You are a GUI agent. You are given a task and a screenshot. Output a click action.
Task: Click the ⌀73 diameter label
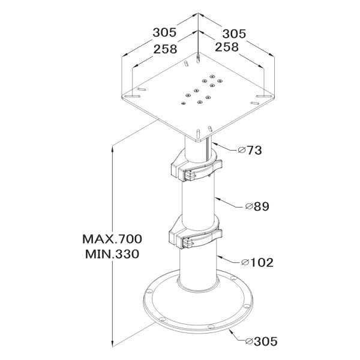pyautogui.click(x=250, y=151)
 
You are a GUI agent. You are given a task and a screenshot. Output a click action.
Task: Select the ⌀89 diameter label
pyautogui.click(x=257, y=206)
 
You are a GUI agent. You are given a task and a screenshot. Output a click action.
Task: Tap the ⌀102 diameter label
pyautogui.click(x=257, y=262)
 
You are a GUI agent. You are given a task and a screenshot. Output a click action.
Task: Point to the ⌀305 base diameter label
pyautogui.click(x=261, y=341)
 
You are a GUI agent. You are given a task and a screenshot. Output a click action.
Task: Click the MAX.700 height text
pyautogui.click(x=112, y=239)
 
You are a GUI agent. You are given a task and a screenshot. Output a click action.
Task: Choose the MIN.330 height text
pyautogui.click(x=112, y=254)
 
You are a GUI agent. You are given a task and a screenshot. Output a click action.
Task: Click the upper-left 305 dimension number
pyautogui.click(x=164, y=32)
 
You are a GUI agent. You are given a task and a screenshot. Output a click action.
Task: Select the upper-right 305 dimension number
pyautogui.click(x=234, y=34)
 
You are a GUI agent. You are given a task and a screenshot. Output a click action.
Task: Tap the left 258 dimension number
pyautogui.click(x=166, y=49)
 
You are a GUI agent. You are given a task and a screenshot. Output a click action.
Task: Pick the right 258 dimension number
pyautogui.click(x=227, y=47)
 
